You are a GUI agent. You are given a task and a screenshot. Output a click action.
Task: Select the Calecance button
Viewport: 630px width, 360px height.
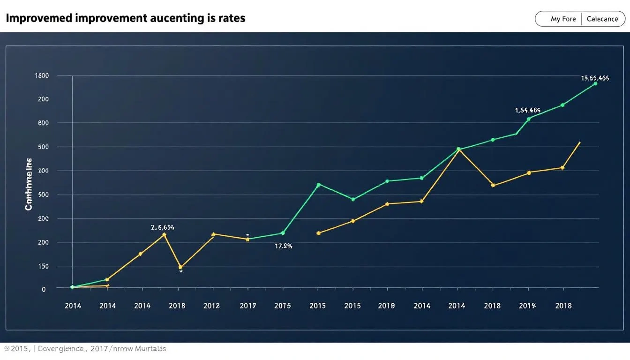(x=602, y=19)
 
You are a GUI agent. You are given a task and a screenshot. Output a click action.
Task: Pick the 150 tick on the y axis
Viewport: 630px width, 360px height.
(x=43, y=267)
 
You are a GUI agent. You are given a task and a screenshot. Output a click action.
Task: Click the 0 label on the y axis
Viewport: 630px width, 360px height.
(x=44, y=290)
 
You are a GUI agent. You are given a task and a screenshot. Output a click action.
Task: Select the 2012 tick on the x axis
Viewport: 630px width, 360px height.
(x=211, y=306)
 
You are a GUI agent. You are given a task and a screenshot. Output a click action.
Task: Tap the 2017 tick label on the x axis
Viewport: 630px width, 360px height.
(x=248, y=306)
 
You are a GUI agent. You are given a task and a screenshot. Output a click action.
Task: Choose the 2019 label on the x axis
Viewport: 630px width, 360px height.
(x=386, y=306)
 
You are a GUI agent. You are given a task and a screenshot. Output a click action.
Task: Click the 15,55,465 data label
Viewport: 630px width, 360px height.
(x=595, y=78)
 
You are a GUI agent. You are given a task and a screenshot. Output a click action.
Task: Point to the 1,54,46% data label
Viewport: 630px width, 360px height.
(x=528, y=111)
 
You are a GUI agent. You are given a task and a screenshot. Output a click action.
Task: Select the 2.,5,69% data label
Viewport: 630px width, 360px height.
(x=163, y=227)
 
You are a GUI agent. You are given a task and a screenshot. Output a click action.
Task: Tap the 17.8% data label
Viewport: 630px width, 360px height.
(x=284, y=246)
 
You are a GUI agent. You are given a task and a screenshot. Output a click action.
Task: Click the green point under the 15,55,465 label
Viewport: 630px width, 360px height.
(x=595, y=84)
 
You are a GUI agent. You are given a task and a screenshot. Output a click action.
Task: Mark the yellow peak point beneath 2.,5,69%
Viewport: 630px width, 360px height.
(x=164, y=234)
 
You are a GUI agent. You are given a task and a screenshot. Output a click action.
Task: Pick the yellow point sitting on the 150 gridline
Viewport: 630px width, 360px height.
(x=180, y=268)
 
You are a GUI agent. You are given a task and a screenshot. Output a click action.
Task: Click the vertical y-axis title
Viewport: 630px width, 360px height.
(x=29, y=184)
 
